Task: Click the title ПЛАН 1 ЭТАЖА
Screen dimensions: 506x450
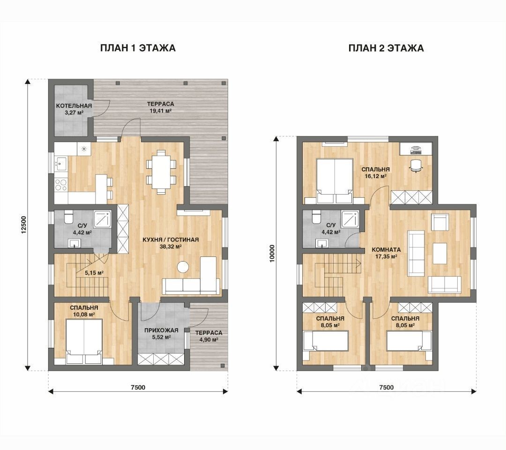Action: pyautogui.click(x=138, y=48)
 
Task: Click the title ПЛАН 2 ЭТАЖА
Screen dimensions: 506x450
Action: pyautogui.click(x=386, y=48)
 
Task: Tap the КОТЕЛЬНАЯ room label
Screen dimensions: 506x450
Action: pyautogui.click(x=74, y=106)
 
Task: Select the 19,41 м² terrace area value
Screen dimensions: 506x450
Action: pyautogui.click(x=160, y=111)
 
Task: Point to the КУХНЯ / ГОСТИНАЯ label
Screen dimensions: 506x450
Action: pyautogui.click(x=171, y=240)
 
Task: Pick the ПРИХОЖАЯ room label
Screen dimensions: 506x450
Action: pyautogui.click(x=161, y=330)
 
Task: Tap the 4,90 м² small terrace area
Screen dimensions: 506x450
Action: pyautogui.click(x=208, y=339)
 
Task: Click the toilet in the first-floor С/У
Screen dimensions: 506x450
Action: pyautogui.click(x=69, y=217)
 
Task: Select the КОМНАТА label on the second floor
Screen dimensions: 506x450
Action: pyautogui.click(x=386, y=249)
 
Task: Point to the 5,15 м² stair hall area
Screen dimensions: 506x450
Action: pyautogui.click(x=94, y=273)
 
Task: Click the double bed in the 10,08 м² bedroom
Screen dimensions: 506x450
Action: pyautogui.click(x=84, y=342)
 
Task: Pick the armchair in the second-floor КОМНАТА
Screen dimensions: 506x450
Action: pyautogui.click(x=439, y=222)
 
